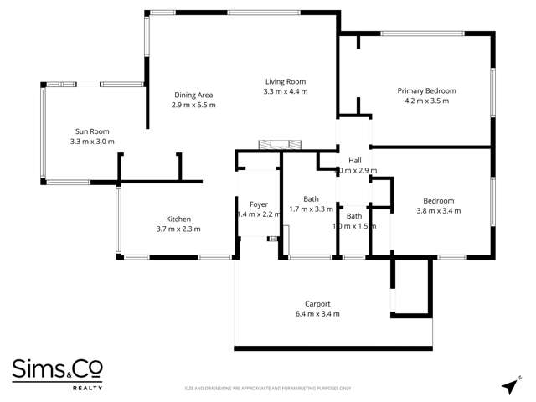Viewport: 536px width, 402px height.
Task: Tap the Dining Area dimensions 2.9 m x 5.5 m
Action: click(x=194, y=106)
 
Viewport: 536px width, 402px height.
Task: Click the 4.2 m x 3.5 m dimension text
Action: click(x=426, y=100)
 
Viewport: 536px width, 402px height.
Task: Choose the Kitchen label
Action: click(x=178, y=219)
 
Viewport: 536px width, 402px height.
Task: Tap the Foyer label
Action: click(x=258, y=204)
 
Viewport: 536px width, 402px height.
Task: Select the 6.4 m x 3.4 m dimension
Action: click(x=317, y=314)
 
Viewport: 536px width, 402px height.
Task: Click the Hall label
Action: click(x=355, y=160)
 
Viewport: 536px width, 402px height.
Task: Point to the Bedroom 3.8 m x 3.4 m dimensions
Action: click(x=439, y=210)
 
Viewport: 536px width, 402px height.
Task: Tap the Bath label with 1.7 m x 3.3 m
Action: click(x=311, y=198)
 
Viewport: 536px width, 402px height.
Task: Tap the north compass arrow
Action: click(x=509, y=385)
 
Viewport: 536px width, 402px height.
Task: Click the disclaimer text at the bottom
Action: click(x=268, y=389)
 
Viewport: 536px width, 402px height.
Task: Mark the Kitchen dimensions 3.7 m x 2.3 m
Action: click(x=178, y=229)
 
